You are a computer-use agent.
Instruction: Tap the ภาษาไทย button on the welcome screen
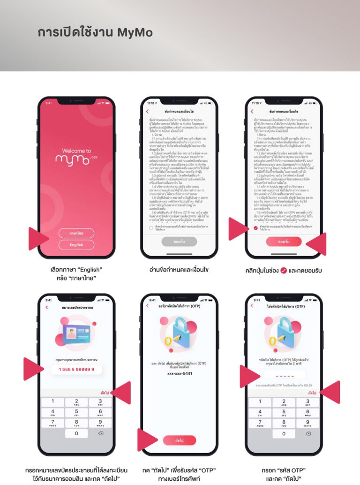76,233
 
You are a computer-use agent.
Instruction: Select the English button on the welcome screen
76,245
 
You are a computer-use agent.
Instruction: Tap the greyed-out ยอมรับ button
179,241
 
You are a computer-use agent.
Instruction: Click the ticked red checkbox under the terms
255,228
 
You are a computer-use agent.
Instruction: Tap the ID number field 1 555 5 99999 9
76,370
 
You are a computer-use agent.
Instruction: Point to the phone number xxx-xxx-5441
180,372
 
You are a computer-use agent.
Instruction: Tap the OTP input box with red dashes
284,375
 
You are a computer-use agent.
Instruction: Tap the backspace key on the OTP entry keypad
307,433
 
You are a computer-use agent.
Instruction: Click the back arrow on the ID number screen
46,307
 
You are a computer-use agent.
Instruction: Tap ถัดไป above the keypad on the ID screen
105,392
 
